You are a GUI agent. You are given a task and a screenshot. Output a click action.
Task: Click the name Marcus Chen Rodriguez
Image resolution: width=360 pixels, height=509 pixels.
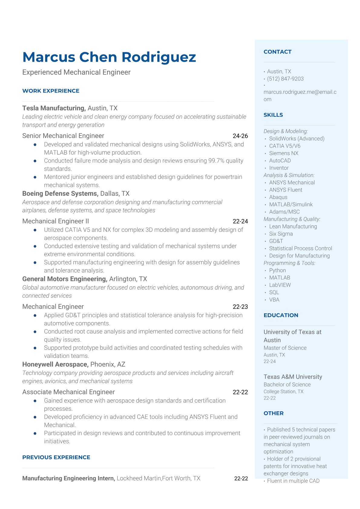[109, 57]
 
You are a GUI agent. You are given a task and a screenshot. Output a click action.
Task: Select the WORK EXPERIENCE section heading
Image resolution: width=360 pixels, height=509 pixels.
[51, 91]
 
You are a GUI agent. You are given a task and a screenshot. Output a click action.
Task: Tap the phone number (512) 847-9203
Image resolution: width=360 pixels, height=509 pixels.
[285, 79]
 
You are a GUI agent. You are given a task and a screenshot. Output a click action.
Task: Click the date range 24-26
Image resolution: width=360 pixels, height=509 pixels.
[240, 136]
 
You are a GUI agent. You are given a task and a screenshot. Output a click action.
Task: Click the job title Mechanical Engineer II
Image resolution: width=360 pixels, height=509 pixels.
[56, 221]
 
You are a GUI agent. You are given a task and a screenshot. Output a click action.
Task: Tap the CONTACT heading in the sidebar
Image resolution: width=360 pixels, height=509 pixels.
[277, 52]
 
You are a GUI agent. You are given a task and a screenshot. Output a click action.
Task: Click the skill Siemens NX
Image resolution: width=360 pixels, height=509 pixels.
[284, 153]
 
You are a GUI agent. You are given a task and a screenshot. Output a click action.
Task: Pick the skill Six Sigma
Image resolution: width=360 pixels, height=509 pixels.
[281, 234]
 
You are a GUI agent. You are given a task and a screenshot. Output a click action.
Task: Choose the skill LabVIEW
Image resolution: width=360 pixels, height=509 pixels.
[280, 285]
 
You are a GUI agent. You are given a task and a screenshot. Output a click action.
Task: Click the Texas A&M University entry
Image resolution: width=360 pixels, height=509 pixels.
[293, 377]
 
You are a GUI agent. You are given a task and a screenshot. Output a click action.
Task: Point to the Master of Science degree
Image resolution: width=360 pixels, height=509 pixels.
[285, 348]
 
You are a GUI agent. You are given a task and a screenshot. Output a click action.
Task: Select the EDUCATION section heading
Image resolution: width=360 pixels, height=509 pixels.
[281, 315]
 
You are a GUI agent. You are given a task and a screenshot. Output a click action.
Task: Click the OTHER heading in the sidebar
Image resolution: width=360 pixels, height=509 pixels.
[273, 413]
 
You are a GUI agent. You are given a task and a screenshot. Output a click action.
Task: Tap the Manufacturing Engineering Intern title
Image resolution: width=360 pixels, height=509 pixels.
[69, 478]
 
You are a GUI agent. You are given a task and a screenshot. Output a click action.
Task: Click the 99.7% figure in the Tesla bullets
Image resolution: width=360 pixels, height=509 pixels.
[216, 161]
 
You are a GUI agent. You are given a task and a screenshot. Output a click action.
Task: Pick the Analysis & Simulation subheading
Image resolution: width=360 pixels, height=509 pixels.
[289, 175]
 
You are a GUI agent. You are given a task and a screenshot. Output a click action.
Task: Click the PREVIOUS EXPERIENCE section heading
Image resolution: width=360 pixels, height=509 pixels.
[56, 457]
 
